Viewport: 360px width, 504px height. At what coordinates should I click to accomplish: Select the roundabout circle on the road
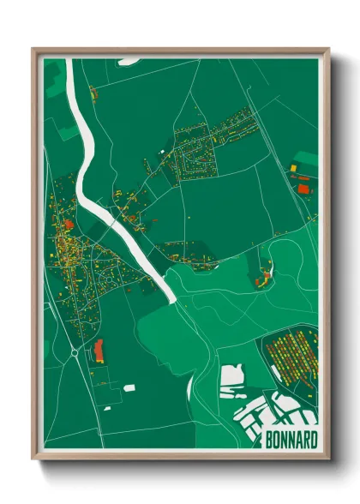74,351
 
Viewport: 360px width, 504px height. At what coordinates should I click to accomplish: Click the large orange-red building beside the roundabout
98,350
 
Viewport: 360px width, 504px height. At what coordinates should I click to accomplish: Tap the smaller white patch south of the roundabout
109,407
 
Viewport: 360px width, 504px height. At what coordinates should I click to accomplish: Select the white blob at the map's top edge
129,61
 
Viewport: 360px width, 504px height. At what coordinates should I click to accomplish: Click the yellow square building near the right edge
292,166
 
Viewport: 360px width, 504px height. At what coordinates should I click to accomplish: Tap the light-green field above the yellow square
305,159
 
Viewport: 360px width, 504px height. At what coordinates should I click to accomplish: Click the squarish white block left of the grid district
232,375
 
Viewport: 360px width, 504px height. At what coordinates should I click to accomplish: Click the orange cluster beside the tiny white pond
262,278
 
